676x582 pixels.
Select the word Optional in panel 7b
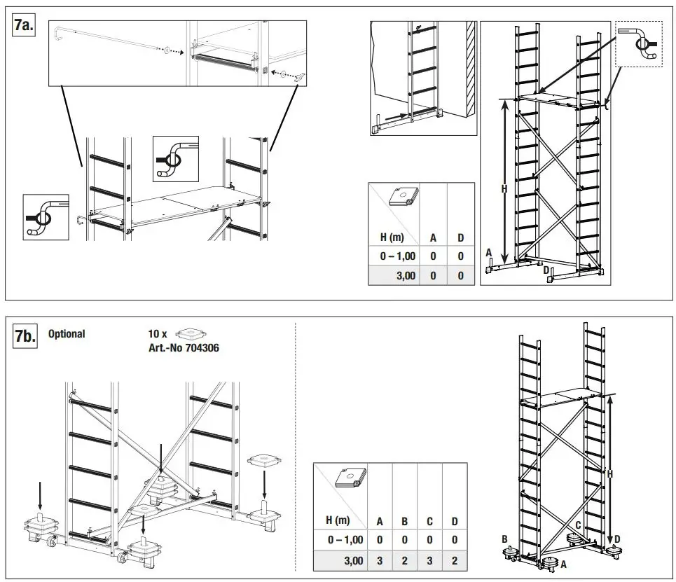[x=67, y=334]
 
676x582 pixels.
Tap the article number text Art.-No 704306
[x=183, y=347]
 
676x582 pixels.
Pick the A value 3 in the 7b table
[x=380, y=561]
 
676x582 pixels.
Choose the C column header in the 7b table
[x=429, y=520]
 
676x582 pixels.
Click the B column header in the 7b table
[x=404, y=520]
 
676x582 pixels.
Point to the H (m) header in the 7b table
[x=338, y=520]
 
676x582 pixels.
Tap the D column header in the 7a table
[x=460, y=237]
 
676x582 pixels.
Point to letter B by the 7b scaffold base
[x=504, y=539]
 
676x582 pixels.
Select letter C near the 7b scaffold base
[x=579, y=525]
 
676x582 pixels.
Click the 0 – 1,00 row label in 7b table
[x=345, y=540]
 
